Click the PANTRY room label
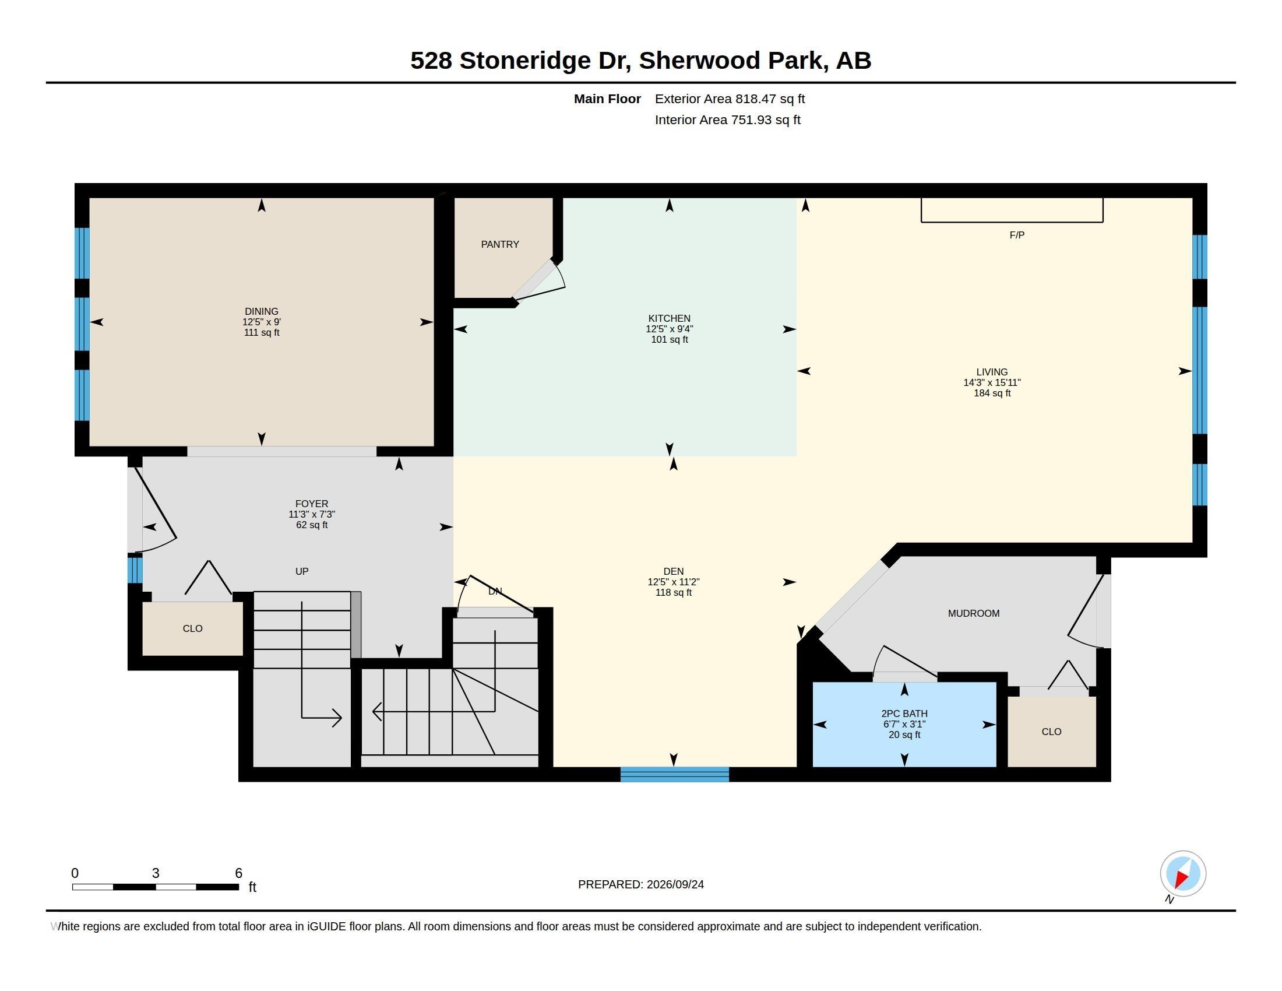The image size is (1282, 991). coord(500,244)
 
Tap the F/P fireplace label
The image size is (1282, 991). coord(1017,235)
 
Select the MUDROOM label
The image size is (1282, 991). coord(974,613)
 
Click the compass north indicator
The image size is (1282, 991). coord(1183,874)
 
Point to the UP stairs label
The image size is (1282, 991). coord(302,571)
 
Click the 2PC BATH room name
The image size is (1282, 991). coord(904,714)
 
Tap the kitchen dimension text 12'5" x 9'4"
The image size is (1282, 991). coord(669,329)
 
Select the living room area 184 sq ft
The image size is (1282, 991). coord(992,393)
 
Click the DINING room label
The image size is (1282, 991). coord(262,312)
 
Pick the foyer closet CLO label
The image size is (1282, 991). coord(192,629)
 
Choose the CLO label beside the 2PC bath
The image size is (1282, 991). coord(1051,732)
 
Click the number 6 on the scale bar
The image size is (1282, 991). coord(238,873)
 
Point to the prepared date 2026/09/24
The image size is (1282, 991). coord(675,884)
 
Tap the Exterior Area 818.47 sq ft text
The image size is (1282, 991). coord(730,99)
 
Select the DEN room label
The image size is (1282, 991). coord(673,571)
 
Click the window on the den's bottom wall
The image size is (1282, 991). coord(674,774)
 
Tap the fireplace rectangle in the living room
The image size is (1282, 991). coord(1012,210)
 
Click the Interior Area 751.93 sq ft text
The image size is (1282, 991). coord(728,120)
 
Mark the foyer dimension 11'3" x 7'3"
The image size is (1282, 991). coord(312,514)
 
